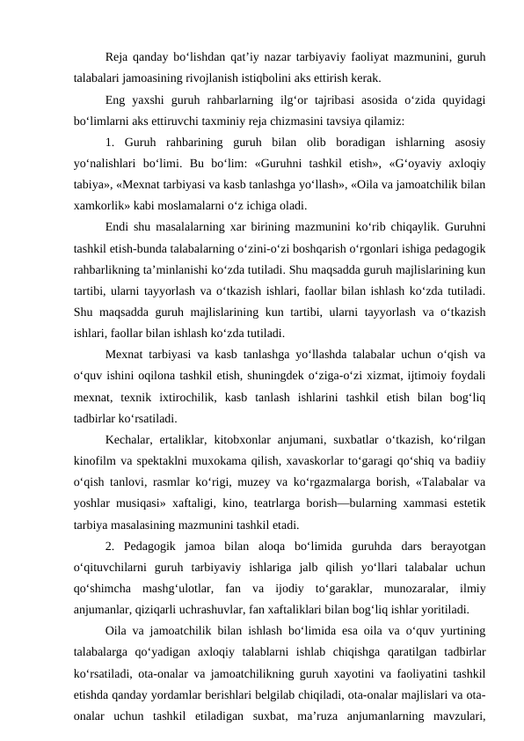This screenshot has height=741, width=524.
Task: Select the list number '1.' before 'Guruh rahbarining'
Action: pyautogui.click(x=109, y=142)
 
